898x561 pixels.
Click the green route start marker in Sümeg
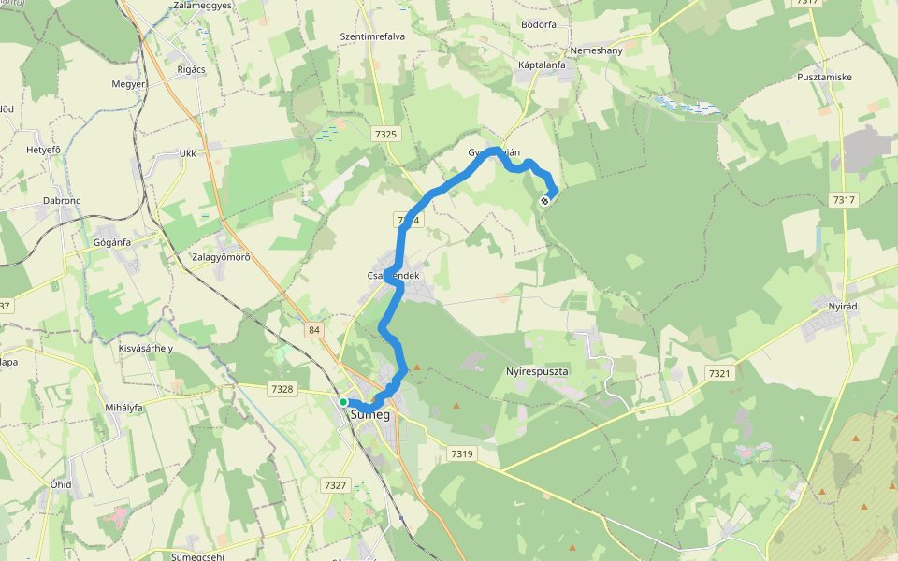click(x=343, y=402)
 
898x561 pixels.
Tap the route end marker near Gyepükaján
click(x=545, y=200)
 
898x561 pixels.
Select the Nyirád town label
click(x=843, y=306)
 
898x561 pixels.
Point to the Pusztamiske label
click(x=824, y=77)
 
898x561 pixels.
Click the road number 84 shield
click(x=313, y=329)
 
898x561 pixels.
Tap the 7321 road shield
click(x=718, y=373)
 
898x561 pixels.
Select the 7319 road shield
click(x=462, y=453)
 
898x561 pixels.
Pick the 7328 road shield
click(x=281, y=389)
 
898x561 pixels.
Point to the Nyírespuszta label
click(x=537, y=371)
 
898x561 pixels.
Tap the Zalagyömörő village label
click(x=221, y=257)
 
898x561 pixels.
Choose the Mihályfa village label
click(x=123, y=408)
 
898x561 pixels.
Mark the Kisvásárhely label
click(x=145, y=348)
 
